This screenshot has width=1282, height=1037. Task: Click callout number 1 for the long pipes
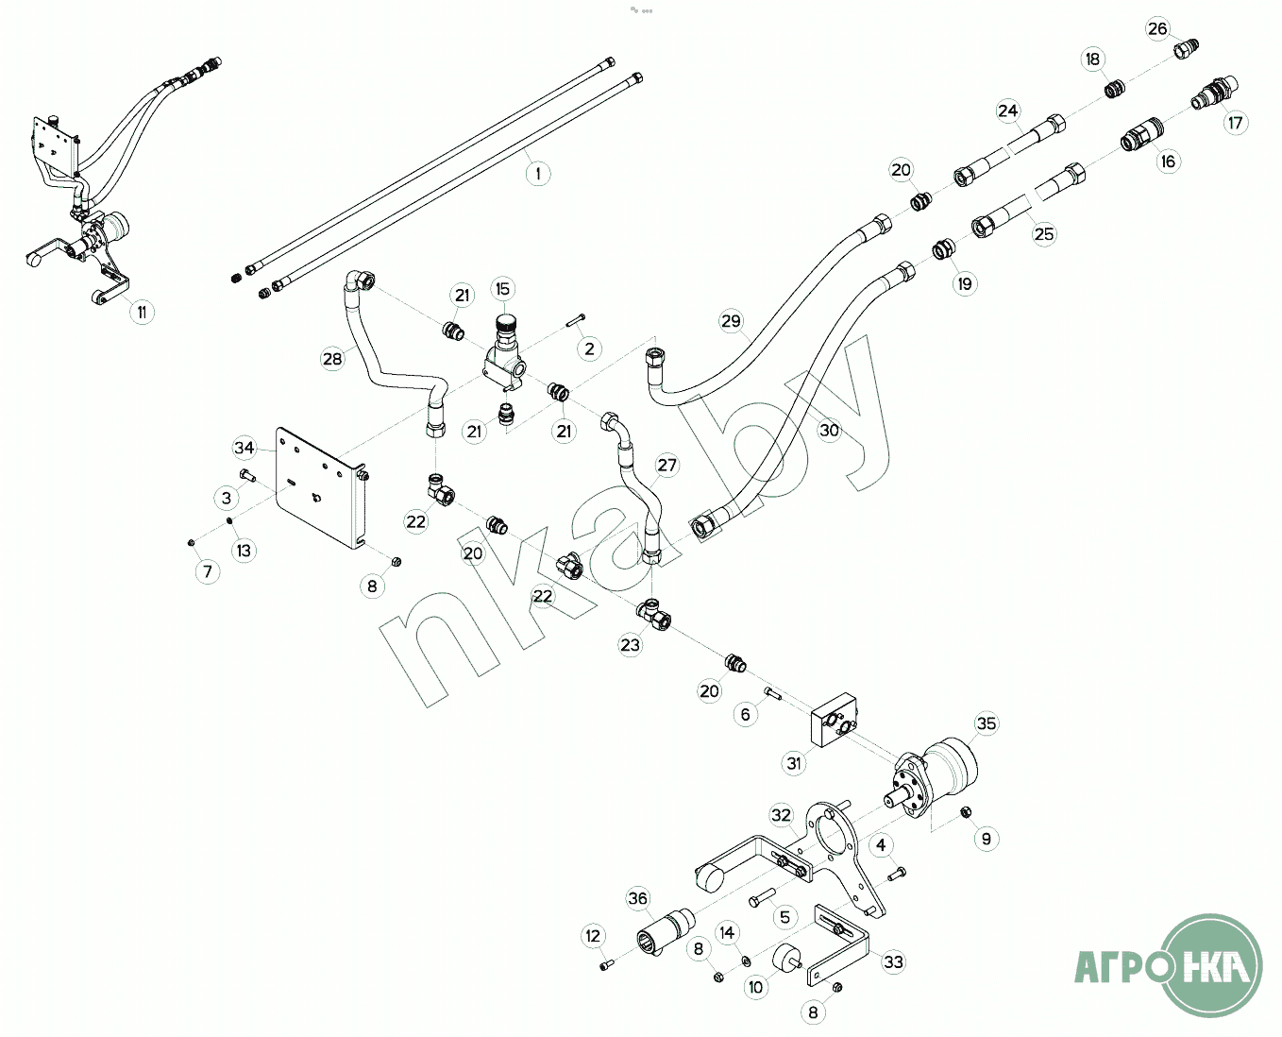coord(537,174)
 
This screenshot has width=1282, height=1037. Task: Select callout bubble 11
coord(141,312)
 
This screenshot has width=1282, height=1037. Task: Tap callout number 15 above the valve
coord(502,289)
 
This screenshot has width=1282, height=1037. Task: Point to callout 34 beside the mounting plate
coord(245,448)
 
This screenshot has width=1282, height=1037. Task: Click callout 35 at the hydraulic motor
coord(986,724)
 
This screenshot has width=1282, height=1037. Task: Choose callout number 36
coord(638,898)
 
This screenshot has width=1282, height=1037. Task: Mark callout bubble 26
coord(1157,29)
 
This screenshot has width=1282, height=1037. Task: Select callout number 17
coord(1235,123)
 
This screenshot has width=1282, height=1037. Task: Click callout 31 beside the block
coord(795,763)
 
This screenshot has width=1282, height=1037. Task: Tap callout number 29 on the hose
coord(731,321)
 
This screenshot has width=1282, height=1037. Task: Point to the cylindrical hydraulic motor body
coord(949,762)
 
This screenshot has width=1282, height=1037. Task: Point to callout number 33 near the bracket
coord(892,962)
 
